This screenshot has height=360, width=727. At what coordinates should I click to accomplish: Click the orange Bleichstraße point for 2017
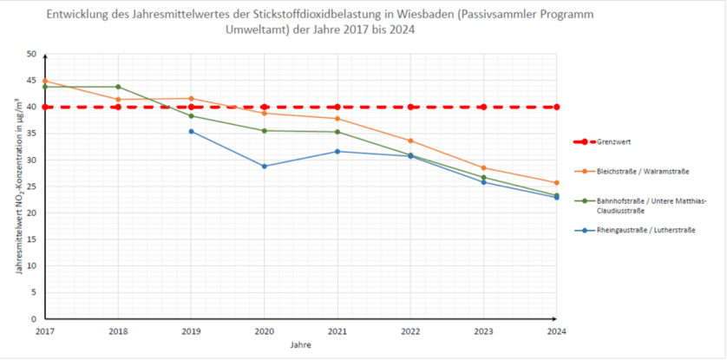pos(45,81)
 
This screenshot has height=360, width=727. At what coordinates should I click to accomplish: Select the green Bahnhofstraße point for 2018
pos(118,87)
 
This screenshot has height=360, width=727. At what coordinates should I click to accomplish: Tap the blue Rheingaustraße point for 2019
pos(191,131)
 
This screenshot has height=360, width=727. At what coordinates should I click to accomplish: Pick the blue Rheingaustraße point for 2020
pos(264,166)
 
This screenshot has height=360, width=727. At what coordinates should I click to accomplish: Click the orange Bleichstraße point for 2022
pos(410,141)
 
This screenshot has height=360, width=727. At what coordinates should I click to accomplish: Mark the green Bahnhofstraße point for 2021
pos(337,132)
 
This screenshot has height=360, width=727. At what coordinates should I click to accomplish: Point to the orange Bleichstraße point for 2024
pos(556,182)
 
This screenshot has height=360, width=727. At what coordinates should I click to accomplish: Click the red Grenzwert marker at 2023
pos(483,107)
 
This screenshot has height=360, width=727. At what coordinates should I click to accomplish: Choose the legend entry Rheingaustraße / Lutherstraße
pos(640,230)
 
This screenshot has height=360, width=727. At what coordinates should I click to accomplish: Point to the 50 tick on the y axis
pos(31,54)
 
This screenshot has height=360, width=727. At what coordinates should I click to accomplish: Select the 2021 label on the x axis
pos(337,331)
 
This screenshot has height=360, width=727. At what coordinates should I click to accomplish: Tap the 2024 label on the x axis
pos(556,331)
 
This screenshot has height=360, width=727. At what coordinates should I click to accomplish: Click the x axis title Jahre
pos(300,344)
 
